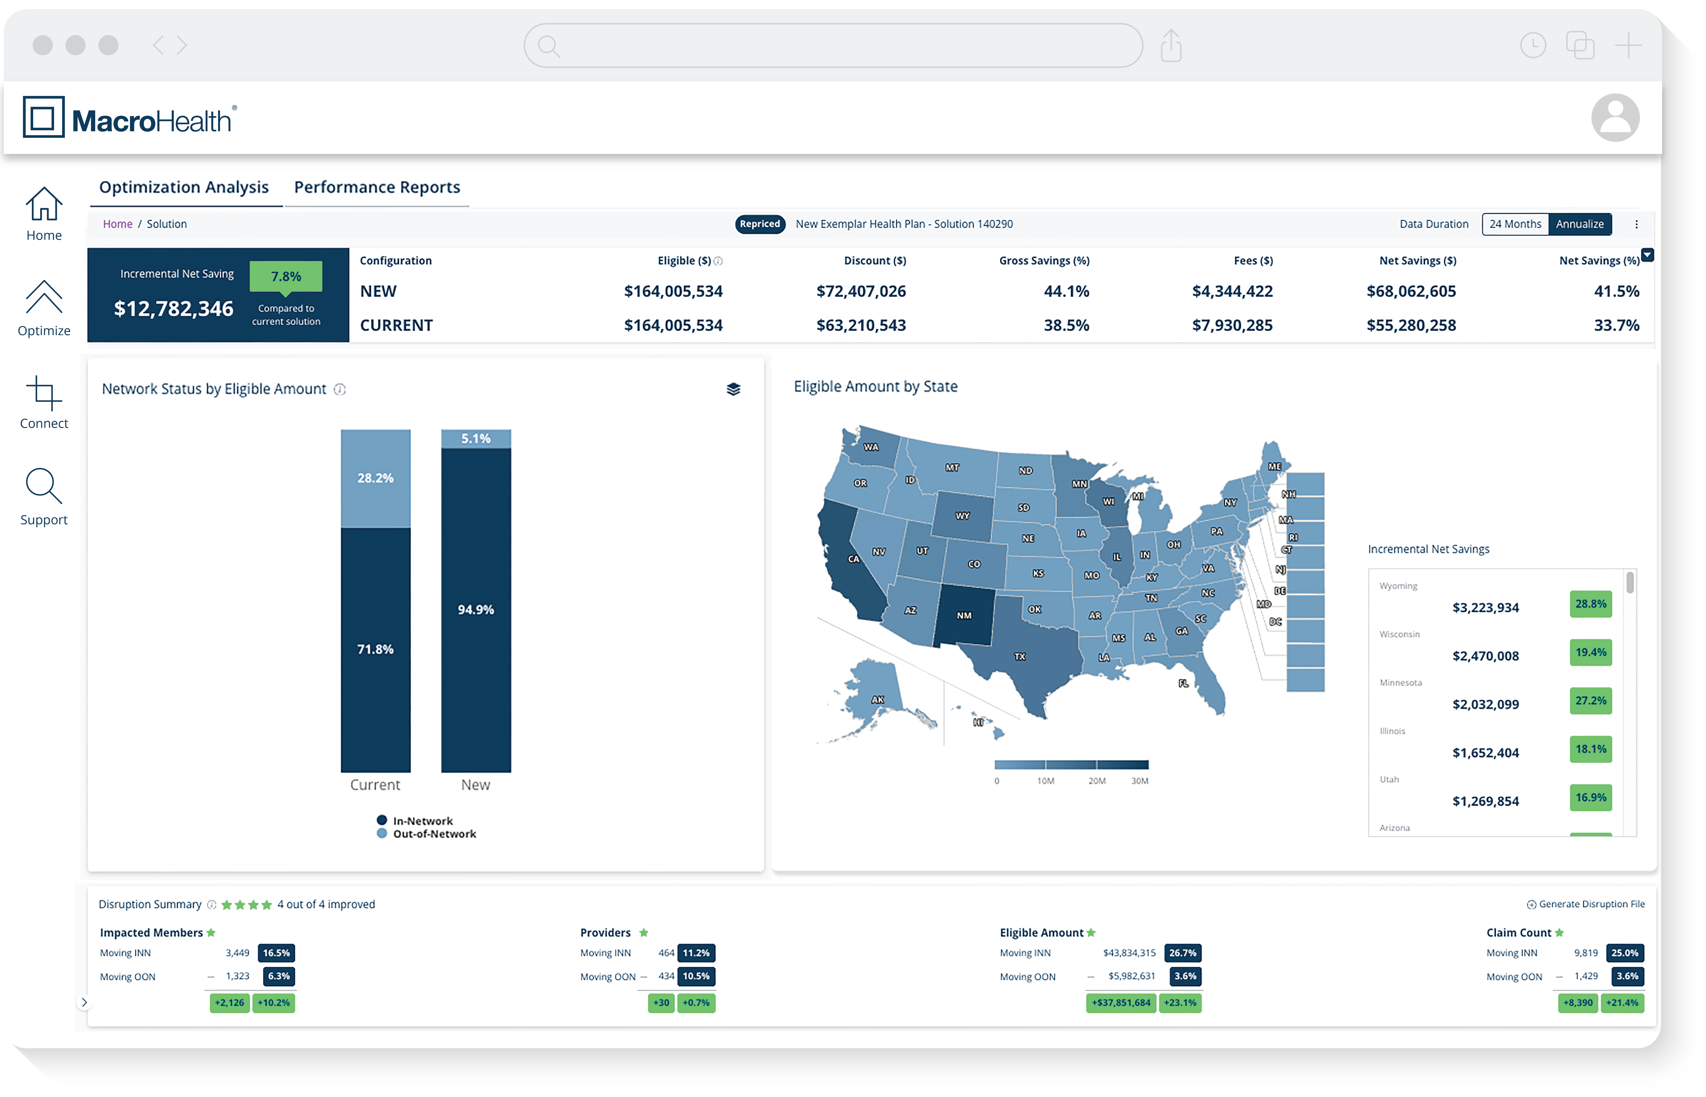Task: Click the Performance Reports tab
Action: coord(377,187)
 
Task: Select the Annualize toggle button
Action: coord(1579,224)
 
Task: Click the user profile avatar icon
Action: coord(1615,118)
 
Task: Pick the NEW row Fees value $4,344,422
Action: coord(1232,291)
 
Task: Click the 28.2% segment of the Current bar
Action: coord(376,478)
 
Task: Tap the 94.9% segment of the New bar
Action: coord(476,610)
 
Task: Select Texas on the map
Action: coord(1021,657)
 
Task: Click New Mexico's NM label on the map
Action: coord(964,615)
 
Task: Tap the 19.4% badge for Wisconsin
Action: coord(1590,652)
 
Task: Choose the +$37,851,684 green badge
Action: coord(1121,1003)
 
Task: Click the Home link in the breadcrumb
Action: coord(118,224)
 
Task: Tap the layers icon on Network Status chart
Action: coord(733,389)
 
